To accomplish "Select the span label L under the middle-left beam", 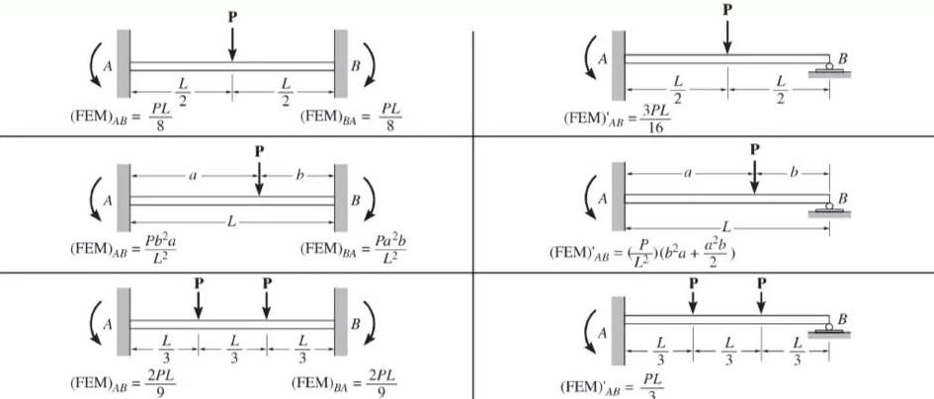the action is click(231, 220).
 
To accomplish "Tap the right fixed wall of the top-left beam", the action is click(342, 63).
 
